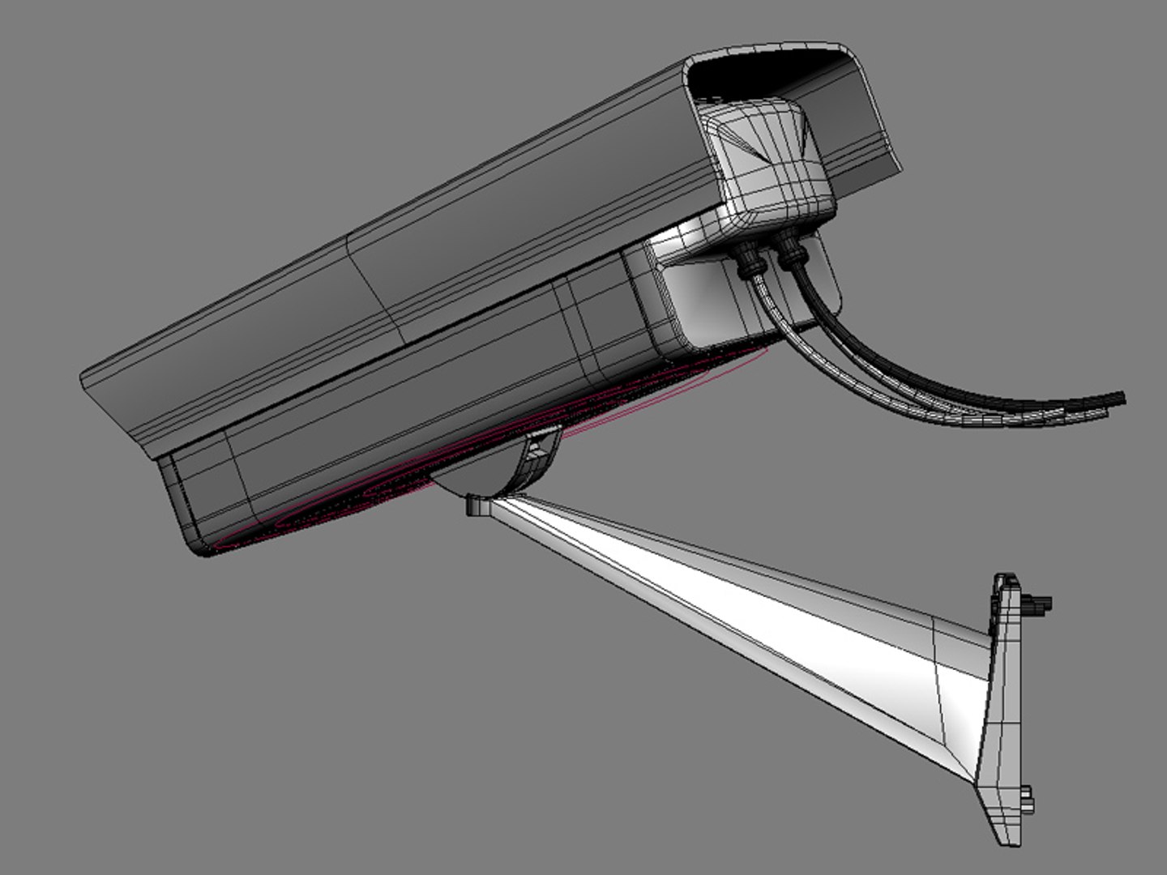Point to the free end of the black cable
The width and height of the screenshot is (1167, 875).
coord(1120,397)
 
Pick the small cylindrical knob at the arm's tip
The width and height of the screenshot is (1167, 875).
coord(477,506)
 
